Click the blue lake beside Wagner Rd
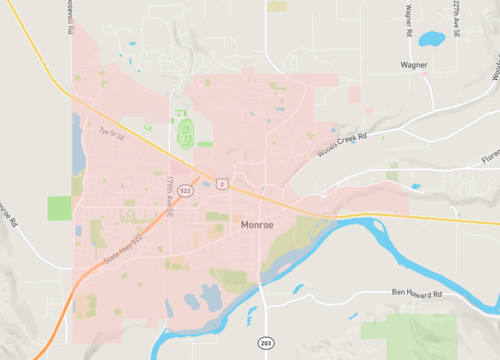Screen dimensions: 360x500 (432, 40)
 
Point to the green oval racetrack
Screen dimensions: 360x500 (184, 131)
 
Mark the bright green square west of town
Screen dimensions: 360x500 (59, 208)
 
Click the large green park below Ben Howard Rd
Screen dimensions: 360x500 (410, 336)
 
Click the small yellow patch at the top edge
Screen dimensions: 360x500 (277, 6)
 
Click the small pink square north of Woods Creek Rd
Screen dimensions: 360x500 (354, 95)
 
